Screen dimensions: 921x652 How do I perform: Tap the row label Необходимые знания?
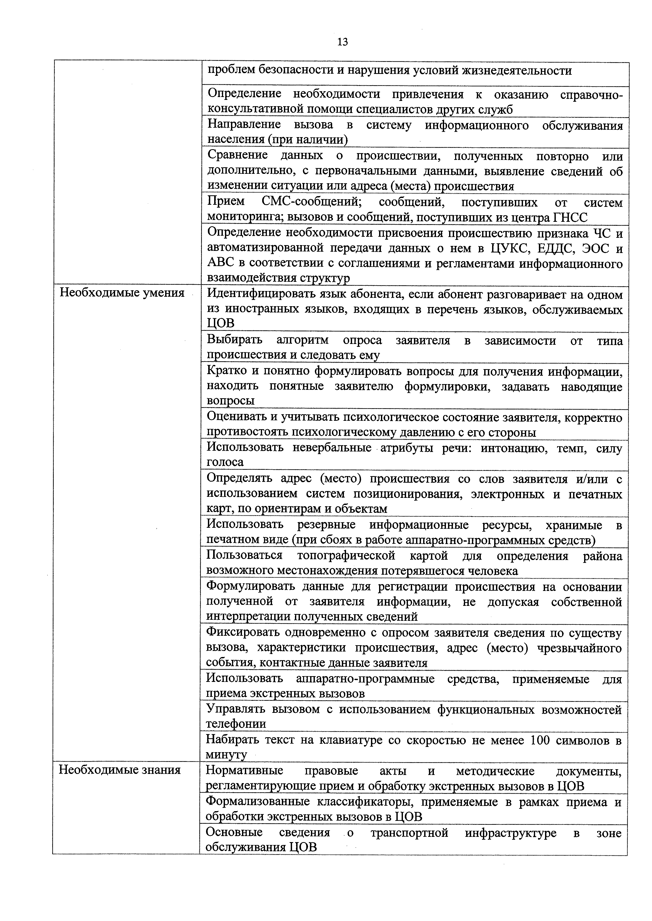(120, 770)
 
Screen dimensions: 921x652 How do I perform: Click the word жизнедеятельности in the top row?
(517, 71)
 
